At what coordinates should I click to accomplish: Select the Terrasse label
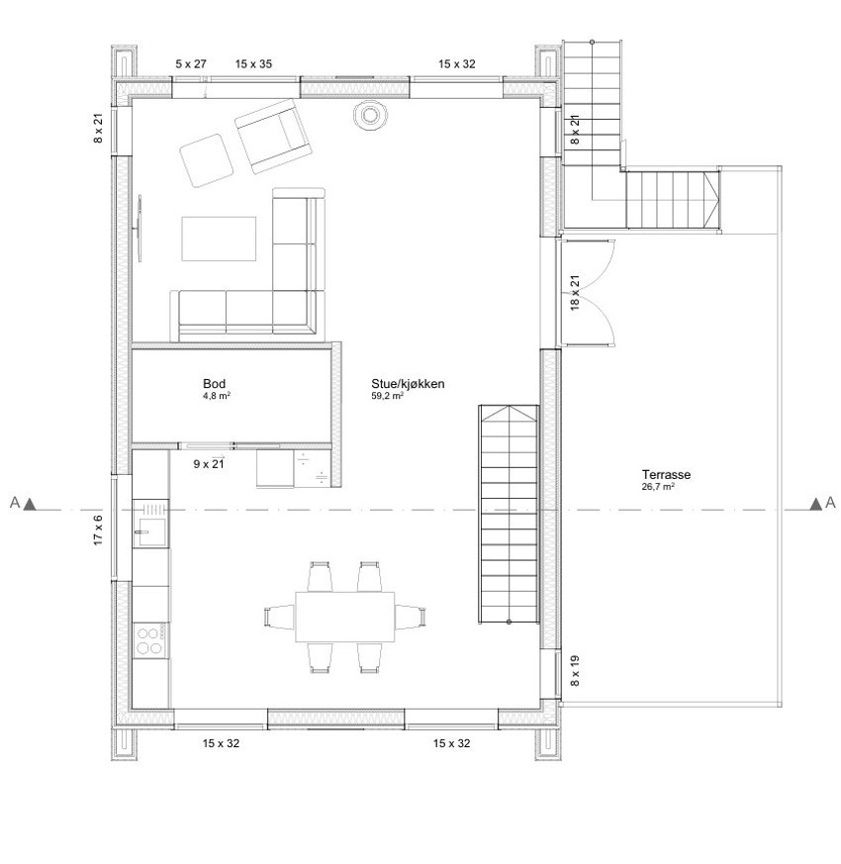[x=665, y=475]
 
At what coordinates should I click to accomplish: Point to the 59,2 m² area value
[x=386, y=396]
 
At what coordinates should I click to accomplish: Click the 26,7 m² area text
[x=658, y=487]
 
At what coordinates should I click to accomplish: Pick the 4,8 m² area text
[x=216, y=395]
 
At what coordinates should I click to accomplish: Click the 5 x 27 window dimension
[x=191, y=63]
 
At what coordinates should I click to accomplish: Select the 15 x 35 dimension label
[x=253, y=63]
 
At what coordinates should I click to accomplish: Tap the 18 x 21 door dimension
[x=575, y=294]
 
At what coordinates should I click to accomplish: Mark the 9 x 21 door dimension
[x=209, y=462]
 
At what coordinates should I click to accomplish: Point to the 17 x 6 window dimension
[x=98, y=530]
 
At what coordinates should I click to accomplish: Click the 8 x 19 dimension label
[x=575, y=672]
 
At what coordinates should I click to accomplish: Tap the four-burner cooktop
[x=150, y=639]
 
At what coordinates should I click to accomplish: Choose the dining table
[x=345, y=617]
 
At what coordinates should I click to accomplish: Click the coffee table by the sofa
[x=220, y=239]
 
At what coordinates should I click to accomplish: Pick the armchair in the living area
[x=270, y=138]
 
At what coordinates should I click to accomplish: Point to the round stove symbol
[x=369, y=117]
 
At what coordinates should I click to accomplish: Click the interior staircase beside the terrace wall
[x=508, y=515]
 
